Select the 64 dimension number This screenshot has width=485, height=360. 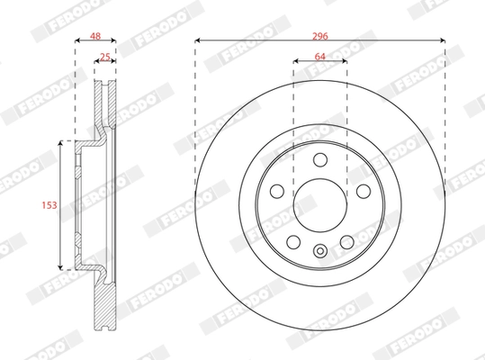pyautogui.click(x=319, y=56)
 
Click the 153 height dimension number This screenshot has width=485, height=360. pyautogui.click(x=50, y=205)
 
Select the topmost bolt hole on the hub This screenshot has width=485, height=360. pyautogui.click(x=319, y=160)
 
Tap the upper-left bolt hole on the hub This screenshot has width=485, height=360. pyautogui.click(x=278, y=191)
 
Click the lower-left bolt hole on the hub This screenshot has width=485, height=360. pyautogui.click(x=294, y=241)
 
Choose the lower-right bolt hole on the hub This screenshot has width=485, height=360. pyautogui.click(x=346, y=241)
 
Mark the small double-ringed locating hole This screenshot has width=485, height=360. pyautogui.click(x=319, y=252)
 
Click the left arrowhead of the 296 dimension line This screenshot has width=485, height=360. pyautogui.click(x=197, y=40)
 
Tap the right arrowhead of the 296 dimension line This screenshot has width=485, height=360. pyautogui.click(x=444, y=40)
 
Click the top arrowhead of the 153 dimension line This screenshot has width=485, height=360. pyautogui.click(x=61, y=142)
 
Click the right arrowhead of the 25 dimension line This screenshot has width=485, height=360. pyautogui.click(x=114, y=64)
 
